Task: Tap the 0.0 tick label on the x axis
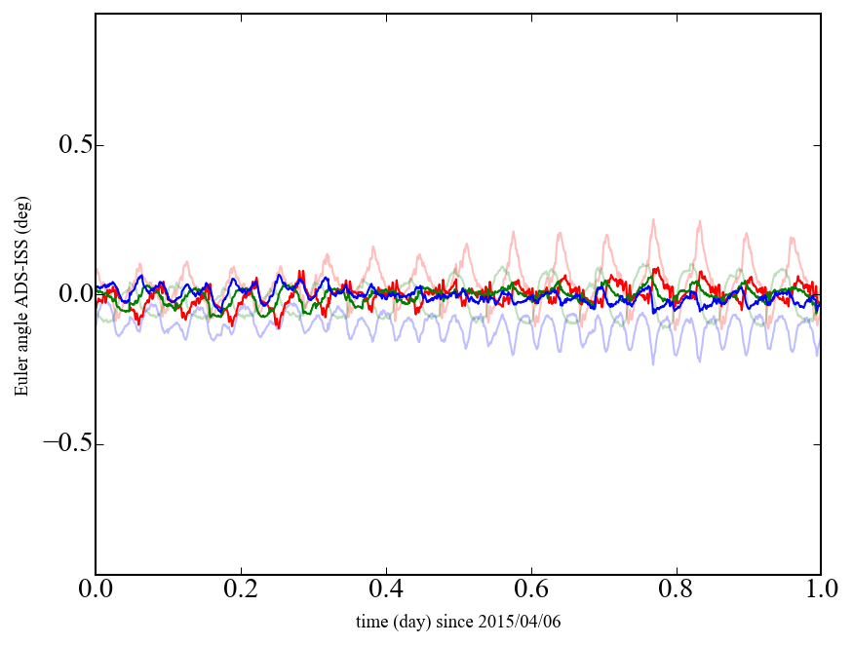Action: [96, 590]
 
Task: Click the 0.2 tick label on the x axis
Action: [241, 590]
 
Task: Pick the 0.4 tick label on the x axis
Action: [386, 590]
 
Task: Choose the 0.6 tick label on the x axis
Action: [531, 590]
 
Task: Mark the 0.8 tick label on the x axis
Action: [676, 590]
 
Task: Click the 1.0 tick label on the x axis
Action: [821, 590]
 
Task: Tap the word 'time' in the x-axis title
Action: [371, 621]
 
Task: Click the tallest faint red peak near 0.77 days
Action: [652, 220]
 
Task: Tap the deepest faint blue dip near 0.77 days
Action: [653, 362]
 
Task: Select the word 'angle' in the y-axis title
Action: [21, 340]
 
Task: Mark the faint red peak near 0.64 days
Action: [559, 233]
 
